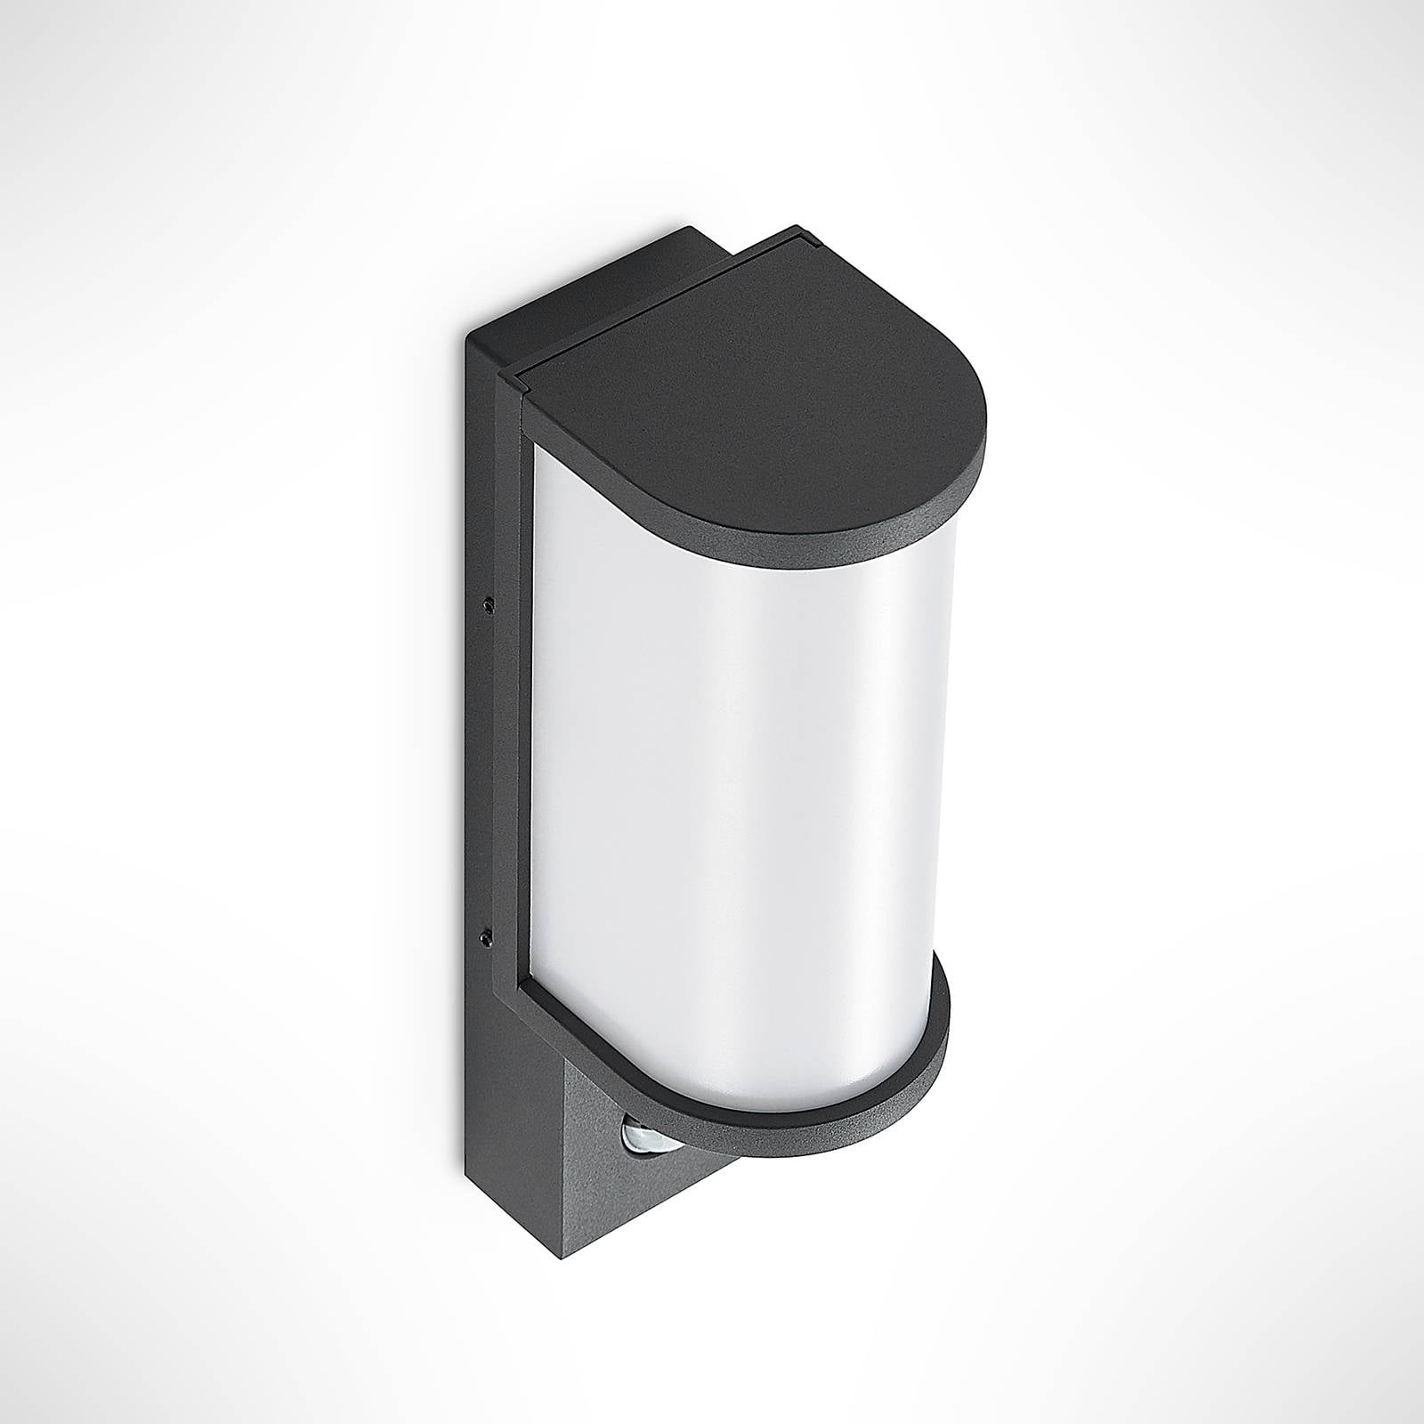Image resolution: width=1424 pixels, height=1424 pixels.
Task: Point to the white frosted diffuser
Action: [739, 756]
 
